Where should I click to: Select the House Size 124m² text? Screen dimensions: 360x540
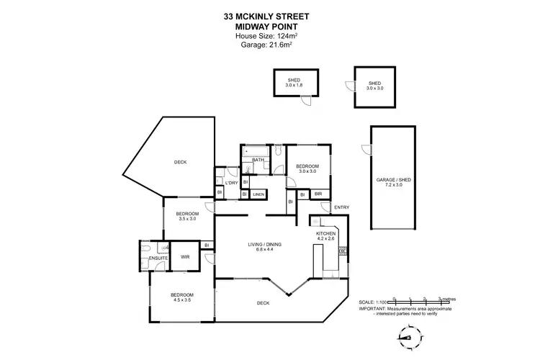(x=270, y=35)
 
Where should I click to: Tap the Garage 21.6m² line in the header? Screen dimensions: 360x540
(x=270, y=45)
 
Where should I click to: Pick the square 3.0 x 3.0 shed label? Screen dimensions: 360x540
(x=374, y=85)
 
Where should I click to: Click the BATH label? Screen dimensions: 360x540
(x=256, y=160)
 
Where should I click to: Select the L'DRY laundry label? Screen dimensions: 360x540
(x=231, y=183)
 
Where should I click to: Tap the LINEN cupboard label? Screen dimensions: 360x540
(x=258, y=194)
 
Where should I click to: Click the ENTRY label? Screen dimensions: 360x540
(x=341, y=208)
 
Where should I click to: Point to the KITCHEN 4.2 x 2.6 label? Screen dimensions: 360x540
(x=326, y=236)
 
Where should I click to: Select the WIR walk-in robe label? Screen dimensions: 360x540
(x=184, y=256)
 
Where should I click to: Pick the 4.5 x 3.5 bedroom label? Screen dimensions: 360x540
(x=182, y=298)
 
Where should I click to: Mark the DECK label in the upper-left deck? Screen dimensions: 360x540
(x=180, y=162)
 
